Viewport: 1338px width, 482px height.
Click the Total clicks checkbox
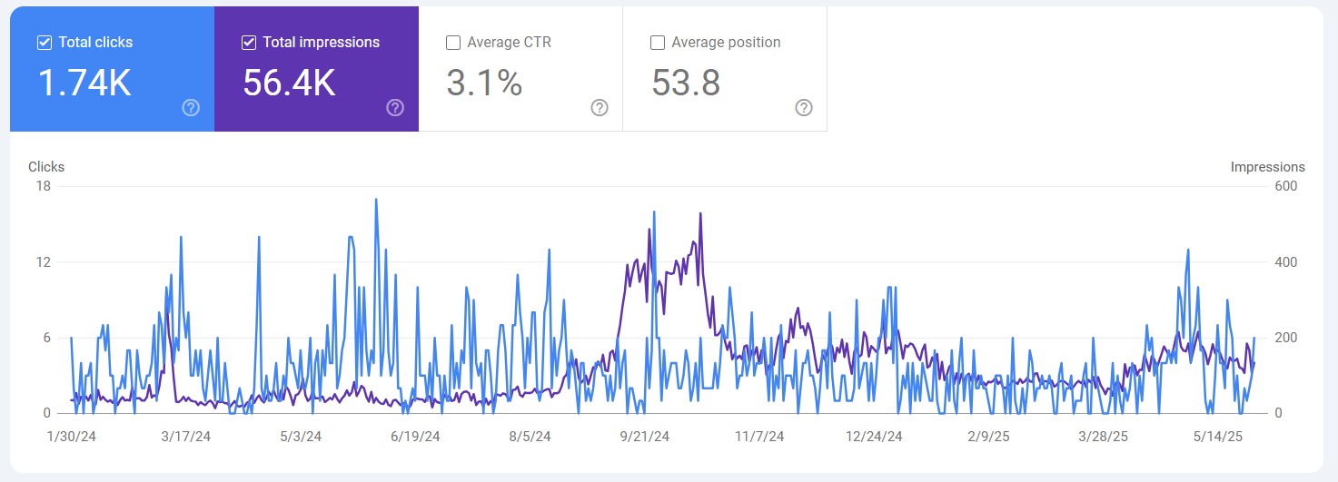[x=44, y=43]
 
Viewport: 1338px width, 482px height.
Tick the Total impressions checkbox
[x=248, y=43]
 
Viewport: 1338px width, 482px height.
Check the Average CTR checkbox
[x=453, y=43]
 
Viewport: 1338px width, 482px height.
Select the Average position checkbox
[x=658, y=43]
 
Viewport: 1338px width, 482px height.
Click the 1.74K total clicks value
[x=84, y=84]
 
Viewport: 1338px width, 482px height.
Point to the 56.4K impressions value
[x=289, y=84]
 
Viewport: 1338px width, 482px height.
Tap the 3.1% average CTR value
[x=484, y=84]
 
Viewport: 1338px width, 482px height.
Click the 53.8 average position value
[x=686, y=84]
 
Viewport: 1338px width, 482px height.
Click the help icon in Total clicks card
[x=191, y=108]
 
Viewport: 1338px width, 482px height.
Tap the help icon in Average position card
[x=804, y=108]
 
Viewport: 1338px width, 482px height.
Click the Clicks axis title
[x=46, y=167]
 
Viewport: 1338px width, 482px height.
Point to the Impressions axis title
[x=1267, y=167]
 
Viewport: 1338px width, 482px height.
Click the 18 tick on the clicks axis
[x=43, y=186]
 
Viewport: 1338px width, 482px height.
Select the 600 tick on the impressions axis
[x=1285, y=186]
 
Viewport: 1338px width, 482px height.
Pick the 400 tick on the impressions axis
[x=1285, y=262]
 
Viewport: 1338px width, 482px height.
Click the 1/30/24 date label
[x=71, y=437]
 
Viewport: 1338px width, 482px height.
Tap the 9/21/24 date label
[x=644, y=437]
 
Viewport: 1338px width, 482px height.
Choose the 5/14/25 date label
[x=1216, y=437]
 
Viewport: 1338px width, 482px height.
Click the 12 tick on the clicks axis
[x=43, y=262]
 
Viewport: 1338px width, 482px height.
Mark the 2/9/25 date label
[x=987, y=437]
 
